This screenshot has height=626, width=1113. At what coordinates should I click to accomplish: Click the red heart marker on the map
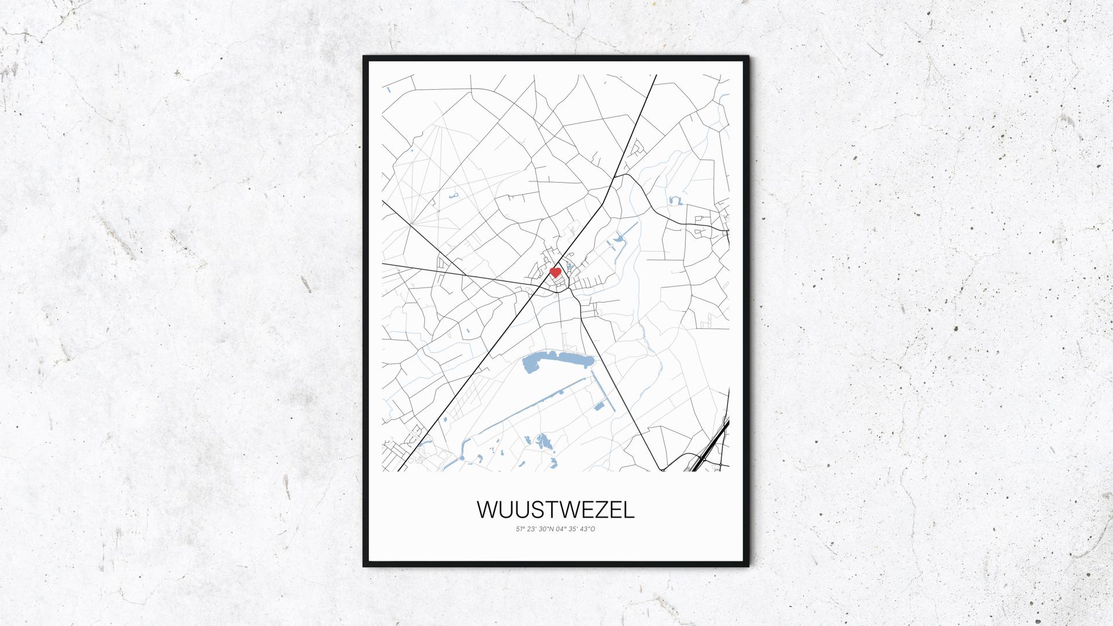tap(555, 272)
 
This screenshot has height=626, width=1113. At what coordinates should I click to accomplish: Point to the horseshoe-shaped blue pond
tap(674, 201)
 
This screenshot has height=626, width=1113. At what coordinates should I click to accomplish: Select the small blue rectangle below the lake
tap(599, 406)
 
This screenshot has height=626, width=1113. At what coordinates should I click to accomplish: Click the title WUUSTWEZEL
tap(555, 509)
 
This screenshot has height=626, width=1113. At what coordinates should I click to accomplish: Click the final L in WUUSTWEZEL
tap(630, 509)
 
